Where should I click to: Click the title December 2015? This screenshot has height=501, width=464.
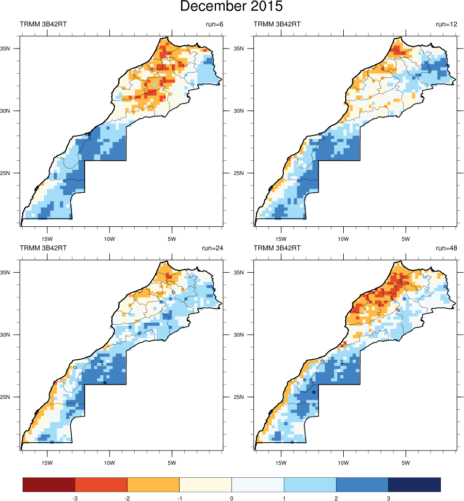231,7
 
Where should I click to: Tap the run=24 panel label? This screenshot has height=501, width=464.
211,248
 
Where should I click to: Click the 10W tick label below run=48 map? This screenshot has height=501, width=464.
343,462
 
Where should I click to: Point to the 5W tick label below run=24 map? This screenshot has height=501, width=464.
172,462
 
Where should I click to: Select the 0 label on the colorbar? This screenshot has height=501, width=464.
231,498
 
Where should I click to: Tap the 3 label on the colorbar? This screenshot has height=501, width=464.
388,498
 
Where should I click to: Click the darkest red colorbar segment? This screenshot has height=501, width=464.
49,485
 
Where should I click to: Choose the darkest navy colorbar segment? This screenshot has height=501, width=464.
414,485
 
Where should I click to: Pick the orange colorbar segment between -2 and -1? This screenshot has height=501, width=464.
153,485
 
